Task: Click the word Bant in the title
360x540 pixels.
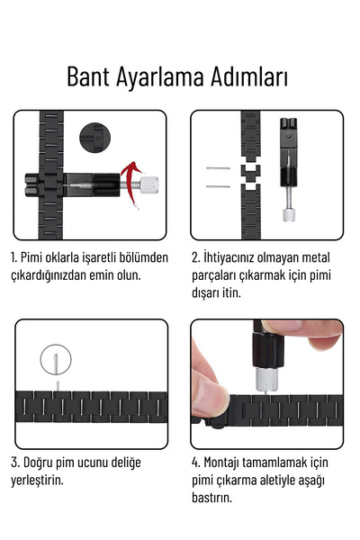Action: (x=92, y=76)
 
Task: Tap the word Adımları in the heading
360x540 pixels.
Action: (x=248, y=76)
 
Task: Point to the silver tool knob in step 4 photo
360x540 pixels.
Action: (x=267, y=379)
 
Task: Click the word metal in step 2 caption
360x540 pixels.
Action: (x=328, y=257)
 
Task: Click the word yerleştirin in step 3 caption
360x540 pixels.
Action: (x=38, y=480)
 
